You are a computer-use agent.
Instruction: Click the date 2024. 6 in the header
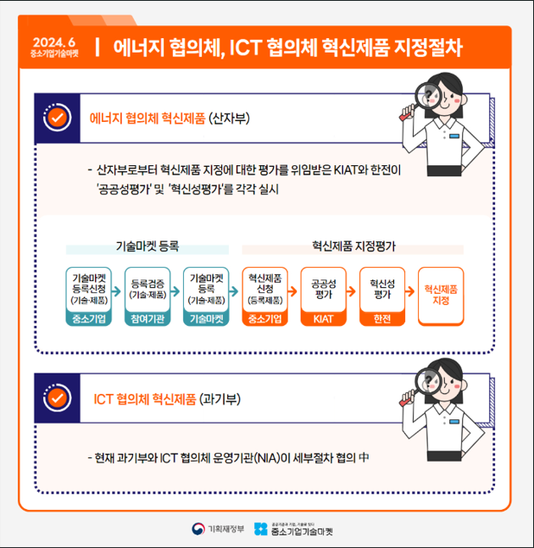pos(54,42)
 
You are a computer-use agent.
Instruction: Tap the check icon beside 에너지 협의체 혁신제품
pos(58,118)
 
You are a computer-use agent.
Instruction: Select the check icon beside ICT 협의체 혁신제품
pos(58,398)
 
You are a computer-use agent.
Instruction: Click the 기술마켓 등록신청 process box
pos(89,296)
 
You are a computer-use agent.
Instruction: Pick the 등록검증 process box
pos(147,296)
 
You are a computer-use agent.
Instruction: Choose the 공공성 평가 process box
pos(324,296)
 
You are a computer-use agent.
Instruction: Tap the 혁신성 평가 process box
pos(382,296)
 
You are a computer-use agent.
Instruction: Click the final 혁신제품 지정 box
pos(441,296)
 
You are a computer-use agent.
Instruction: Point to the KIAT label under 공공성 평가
pos(324,318)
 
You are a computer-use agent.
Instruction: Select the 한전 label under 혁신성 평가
pos(382,318)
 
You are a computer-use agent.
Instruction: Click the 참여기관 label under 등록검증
pos(147,318)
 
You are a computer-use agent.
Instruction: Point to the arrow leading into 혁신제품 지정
pos(410,291)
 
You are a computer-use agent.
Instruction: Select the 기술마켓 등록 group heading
pos(147,246)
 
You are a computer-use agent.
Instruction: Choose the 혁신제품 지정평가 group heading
pos(354,246)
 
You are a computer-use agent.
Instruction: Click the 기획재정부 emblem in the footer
pos(198,529)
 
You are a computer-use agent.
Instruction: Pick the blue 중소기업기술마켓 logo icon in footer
pos(260,529)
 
